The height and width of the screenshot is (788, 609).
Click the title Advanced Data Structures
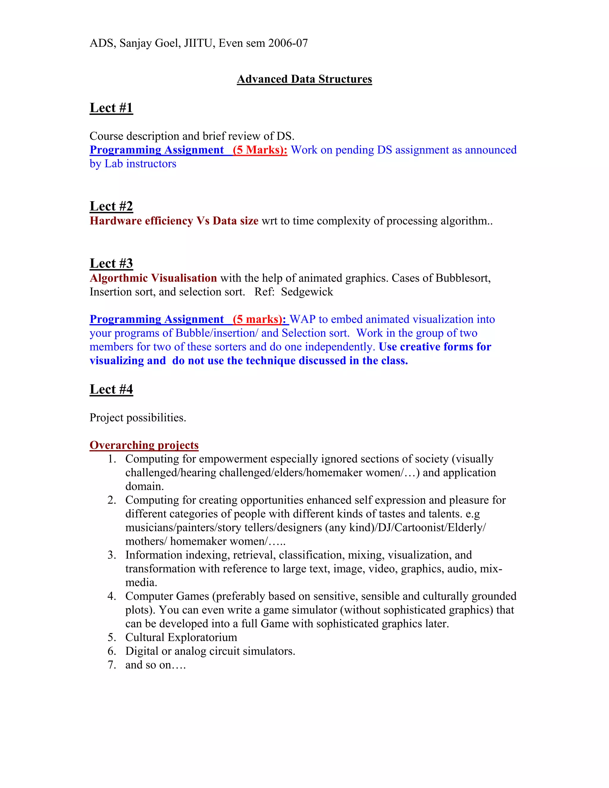click(x=304, y=79)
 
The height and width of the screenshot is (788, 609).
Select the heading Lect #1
click(x=111, y=108)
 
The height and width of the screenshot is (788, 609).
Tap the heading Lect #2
click(x=111, y=206)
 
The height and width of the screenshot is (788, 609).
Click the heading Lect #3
click(x=111, y=263)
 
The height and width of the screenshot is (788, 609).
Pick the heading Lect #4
click(x=111, y=389)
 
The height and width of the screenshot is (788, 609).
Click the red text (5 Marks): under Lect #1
click(x=260, y=150)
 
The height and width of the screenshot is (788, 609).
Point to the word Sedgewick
click(x=307, y=291)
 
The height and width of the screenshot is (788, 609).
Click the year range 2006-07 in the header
click(x=288, y=43)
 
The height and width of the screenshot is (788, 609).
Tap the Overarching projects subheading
click(x=144, y=445)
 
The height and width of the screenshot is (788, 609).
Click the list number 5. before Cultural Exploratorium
click(x=112, y=637)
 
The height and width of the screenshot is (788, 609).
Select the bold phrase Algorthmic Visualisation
click(x=153, y=278)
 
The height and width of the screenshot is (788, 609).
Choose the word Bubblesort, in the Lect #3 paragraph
click(x=463, y=278)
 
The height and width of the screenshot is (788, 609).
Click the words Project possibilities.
click(x=137, y=417)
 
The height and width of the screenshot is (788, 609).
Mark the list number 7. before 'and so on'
click(x=112, y=665)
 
